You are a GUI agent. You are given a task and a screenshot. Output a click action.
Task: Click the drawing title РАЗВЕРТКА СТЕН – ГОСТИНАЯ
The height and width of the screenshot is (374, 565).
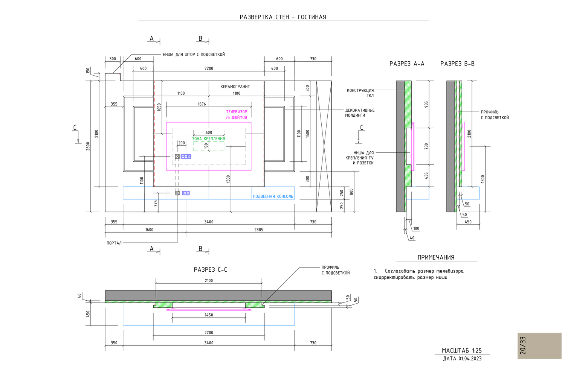coord(283,17)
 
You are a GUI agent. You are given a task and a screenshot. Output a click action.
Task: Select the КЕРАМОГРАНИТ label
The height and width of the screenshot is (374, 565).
coord(235,87)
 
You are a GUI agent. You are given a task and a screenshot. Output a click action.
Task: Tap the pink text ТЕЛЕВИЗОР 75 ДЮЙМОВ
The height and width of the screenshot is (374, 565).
coord(236,115)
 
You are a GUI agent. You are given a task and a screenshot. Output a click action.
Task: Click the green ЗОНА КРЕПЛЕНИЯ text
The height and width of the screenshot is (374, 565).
coord(209,139)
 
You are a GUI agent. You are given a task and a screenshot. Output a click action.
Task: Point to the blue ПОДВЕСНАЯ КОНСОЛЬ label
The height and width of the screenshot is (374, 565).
coord(273,196)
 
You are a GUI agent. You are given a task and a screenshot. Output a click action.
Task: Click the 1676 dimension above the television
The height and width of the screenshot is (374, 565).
coord(202,104)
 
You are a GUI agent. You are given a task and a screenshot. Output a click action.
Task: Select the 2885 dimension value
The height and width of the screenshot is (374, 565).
coord(258,230)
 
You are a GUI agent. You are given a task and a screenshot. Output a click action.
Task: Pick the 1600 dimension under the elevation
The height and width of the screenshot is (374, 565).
coord(149,230)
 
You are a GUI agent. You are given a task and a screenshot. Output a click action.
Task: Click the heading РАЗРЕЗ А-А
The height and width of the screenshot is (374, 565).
coord(407,64)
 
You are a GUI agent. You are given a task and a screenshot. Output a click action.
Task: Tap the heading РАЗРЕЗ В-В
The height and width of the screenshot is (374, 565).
coord(457,64)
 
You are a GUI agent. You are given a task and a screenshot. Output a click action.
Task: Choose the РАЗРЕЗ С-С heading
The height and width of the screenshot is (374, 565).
coord(210,270)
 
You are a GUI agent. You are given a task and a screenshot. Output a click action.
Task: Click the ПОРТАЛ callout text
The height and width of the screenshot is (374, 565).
coord(114,243)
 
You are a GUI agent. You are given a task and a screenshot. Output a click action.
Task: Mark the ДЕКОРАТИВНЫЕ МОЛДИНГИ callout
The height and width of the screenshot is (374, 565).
coord(360,113)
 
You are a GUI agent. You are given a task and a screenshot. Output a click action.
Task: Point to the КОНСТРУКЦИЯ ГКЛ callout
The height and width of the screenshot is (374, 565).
coord(360,93)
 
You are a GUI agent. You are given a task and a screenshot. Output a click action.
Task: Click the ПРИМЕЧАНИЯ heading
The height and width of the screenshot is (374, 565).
coord(436,258)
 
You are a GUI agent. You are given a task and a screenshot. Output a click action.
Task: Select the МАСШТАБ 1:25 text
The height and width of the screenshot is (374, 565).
coord(462,351)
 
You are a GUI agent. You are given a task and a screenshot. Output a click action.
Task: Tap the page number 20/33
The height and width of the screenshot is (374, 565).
coord(523,345)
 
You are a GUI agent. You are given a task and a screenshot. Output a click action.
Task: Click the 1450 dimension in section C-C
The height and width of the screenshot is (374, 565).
coord(209,315)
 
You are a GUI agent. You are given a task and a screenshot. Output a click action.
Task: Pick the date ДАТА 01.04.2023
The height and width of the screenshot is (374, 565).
coord(462,359)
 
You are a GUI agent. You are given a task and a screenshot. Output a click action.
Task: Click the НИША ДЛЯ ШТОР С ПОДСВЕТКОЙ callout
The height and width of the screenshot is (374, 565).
coord(194,55)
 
